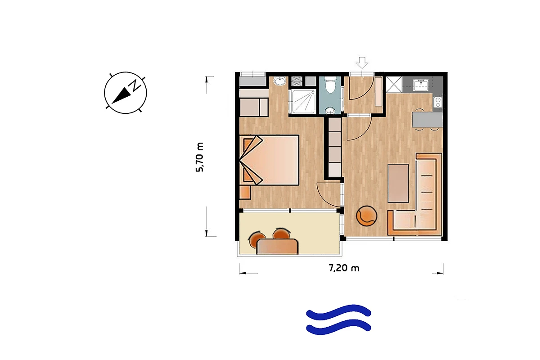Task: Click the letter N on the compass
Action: click(x=135, y=85)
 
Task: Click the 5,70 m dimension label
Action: click(x=200, y=157)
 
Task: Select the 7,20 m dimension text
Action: click(x=344, y=268)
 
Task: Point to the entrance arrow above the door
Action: click(x=362, y=63)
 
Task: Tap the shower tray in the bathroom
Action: click(x=303, y=102)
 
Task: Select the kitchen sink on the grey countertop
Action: click(x=421, y=85)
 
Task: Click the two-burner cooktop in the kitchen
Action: click(x=438, y=102)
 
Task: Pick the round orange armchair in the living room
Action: click(x=366, y=216)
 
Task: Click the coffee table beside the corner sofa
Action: click(x=398, y=184)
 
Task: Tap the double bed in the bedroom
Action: click(x=270, y=160)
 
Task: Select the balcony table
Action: click(x=278, y=246)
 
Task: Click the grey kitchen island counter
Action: click(x=427, y=120)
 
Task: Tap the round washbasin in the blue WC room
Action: click(x=329, y=111)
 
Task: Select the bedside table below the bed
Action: click(x=245, y=192)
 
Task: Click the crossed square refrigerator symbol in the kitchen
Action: click(x=394, y=85)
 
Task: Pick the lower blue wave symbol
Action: click(x=338, y=327)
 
